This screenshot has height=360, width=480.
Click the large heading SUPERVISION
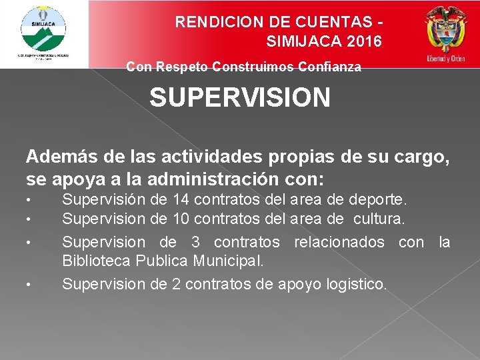click(x=239, y=98)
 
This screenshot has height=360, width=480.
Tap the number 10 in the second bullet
click(x=180, y=218)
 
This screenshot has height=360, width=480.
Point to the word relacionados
click(x=336, y=242)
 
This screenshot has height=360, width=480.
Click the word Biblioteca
click(x=93, y=259)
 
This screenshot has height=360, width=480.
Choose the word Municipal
click(x=228, y=259)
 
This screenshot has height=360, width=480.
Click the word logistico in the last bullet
click(x=355, y=284)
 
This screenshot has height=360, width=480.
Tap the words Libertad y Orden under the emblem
click(x=446, y=59)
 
